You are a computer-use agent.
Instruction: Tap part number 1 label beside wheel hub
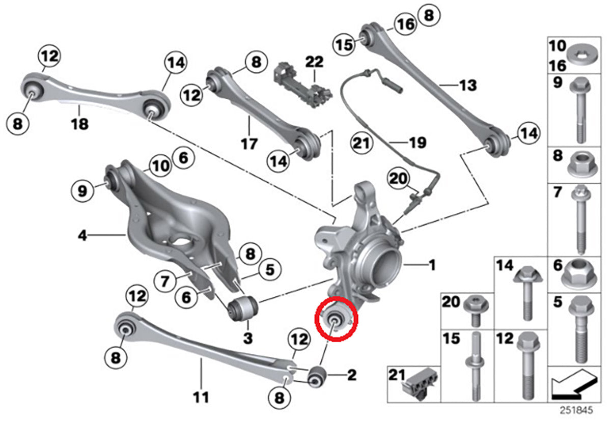pos(432,265)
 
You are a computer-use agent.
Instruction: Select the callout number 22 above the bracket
pos(314,62)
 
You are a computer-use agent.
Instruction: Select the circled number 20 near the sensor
pos(397,179)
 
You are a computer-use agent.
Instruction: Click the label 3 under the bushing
pos(247,337)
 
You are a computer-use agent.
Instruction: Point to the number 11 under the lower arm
pos(202,397)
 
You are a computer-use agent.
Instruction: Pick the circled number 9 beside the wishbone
pos(83,191)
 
